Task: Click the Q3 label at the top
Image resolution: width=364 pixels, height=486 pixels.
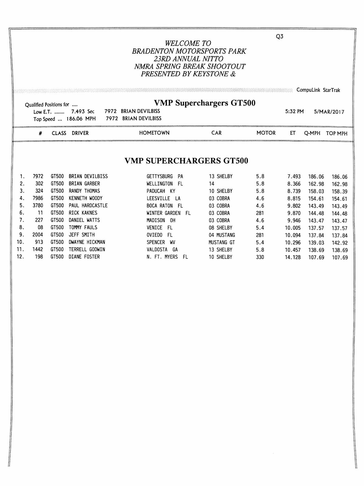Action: click(x=279, y=36)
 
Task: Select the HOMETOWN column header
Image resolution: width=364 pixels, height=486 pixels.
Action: click(x=154, y=133)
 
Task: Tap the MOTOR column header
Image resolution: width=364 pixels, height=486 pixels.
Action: click(x=266, y=133)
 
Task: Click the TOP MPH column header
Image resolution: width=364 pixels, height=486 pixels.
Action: click(x=336, y=133)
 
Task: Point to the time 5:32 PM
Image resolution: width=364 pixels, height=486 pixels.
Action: click(x=294, y=112)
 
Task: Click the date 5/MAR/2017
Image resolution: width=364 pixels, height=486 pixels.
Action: click(x=329, y=112)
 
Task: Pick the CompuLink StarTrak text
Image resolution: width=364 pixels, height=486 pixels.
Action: click(x=318, y=90)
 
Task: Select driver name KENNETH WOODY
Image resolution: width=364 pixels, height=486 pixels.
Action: click(x=86, y=198)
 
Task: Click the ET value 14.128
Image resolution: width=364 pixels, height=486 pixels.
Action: click(x=293, y=257)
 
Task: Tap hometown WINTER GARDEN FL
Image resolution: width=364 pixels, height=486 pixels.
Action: click(x=168, y=213)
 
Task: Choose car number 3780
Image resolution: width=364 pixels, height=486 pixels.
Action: click(x=38, y=206)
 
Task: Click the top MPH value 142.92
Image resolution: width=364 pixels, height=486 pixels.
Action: click(x=339, y=243)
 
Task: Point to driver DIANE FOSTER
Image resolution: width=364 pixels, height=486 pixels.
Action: click(x=84, y=257)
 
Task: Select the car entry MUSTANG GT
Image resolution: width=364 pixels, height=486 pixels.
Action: click(x=222, y=242)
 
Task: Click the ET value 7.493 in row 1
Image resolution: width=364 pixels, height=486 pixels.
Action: click(x=294, y=177)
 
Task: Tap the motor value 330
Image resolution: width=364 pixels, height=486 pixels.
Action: click(x=260, y=257)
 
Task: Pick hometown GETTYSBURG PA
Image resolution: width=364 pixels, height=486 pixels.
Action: click(x=165, y=177)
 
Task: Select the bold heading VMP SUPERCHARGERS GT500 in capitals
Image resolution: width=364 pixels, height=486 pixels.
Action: click(x=186, y=161)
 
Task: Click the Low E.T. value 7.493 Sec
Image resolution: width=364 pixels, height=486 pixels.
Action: click(x=83, y=112)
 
